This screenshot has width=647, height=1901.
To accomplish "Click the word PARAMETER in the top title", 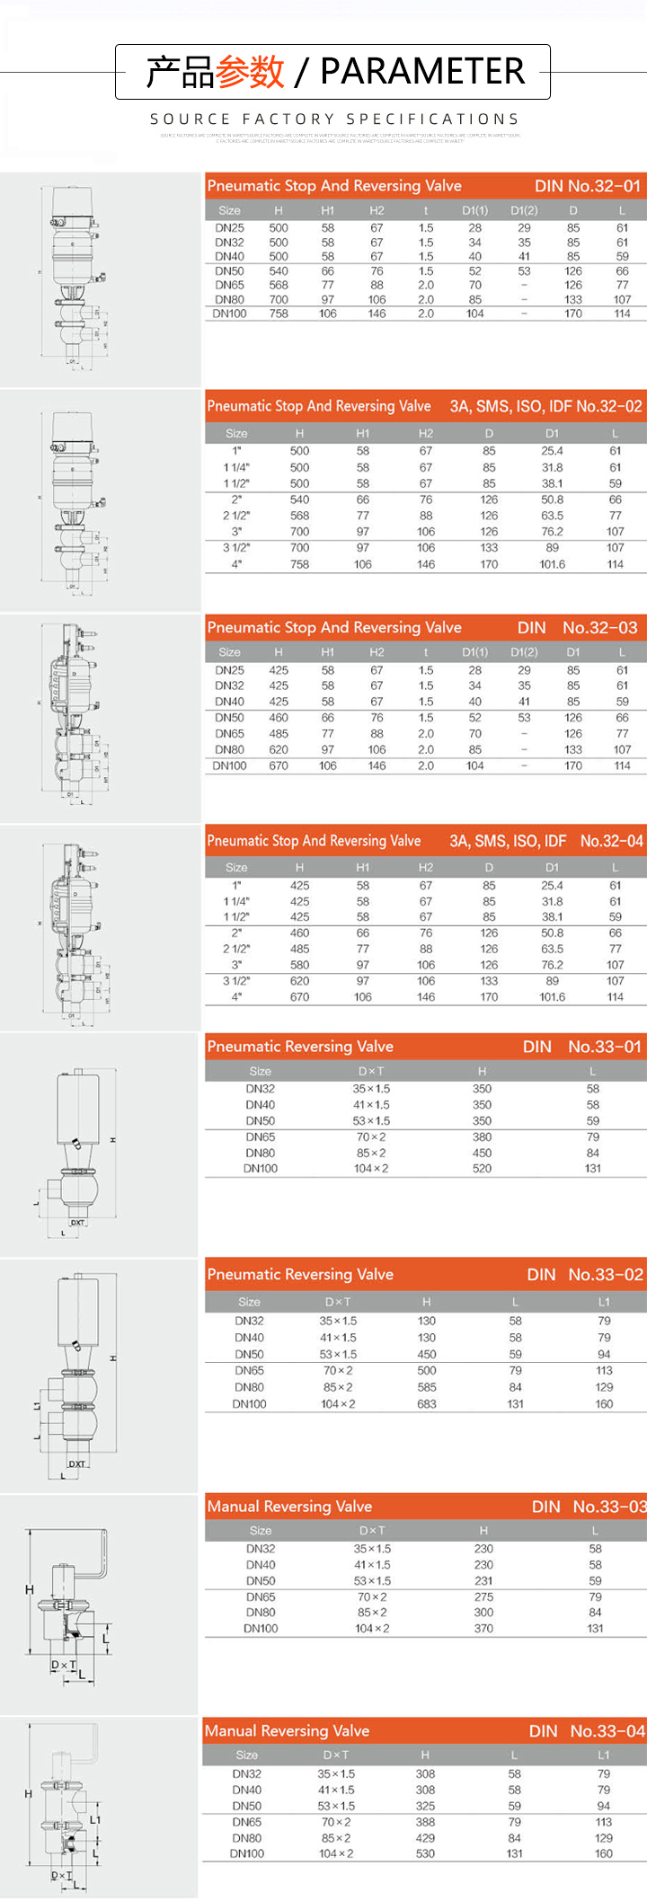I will tap(422, 71).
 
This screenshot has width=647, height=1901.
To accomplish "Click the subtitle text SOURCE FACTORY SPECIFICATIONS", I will tap(334, 119).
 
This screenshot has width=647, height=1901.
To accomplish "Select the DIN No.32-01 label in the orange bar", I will tap(588, 186).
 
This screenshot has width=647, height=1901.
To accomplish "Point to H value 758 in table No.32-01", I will tap(279, 314).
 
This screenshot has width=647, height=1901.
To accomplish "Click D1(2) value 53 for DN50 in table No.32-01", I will tap(524, 270).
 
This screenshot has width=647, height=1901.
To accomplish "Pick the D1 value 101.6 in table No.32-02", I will tap(552, 564).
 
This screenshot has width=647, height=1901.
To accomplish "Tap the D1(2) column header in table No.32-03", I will tap(524, 652).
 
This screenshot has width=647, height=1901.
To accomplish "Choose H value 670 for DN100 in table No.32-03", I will tap(279, 765).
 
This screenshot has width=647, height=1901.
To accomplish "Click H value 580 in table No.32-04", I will tap(299, 965).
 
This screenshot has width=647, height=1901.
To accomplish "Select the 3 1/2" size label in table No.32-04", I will tap(236, 981).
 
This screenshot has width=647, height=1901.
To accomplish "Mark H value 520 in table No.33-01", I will tap(483, 1169).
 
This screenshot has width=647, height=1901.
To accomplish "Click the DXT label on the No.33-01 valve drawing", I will tap(77, 1223).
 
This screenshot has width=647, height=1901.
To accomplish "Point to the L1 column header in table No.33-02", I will tap(604, 1302).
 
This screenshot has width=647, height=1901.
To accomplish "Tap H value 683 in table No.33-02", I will tap(427, 1404).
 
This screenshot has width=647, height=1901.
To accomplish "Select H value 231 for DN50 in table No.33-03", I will tap(483, 1580).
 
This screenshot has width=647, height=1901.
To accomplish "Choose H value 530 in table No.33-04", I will tap(425, 1853).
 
